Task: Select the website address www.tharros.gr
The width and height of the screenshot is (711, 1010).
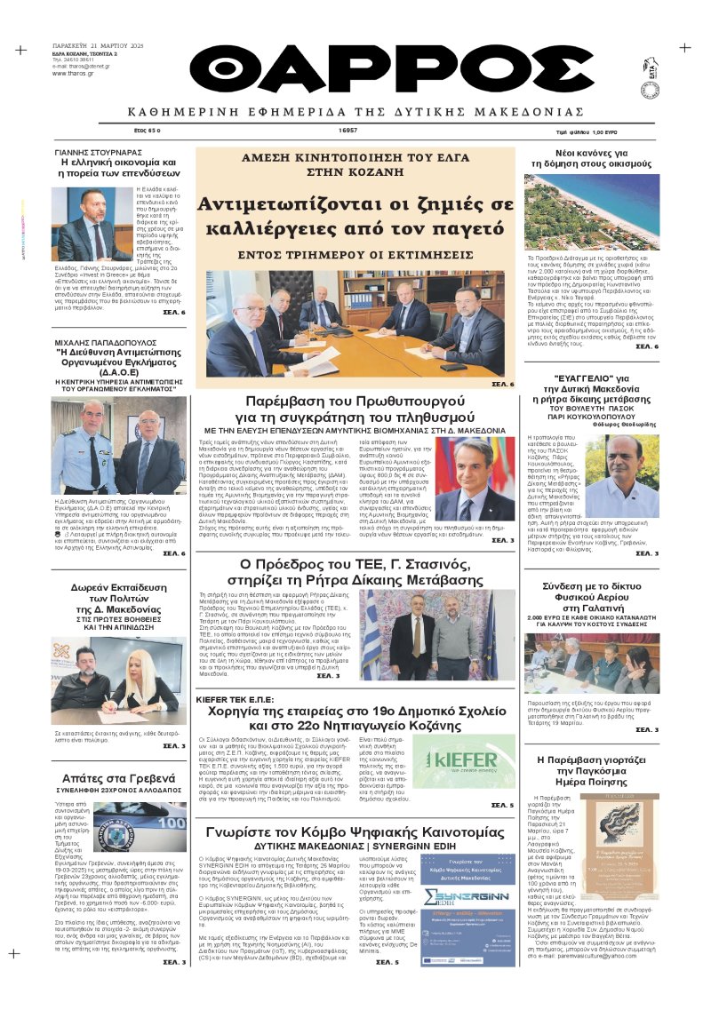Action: point(74,73)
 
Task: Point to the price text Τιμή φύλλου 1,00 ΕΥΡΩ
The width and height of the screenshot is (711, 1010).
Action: point(611,131)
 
